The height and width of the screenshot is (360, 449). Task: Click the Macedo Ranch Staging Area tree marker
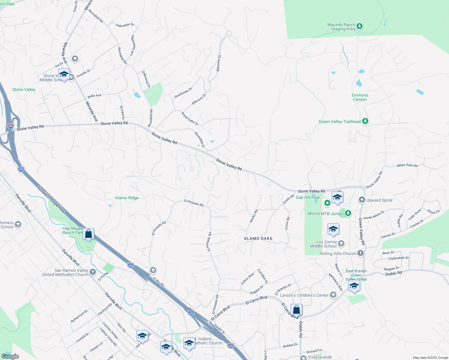click(x=360, y=26)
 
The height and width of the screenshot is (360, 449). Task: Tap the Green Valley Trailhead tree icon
click(x=365, y=121)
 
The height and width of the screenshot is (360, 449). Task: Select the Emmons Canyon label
click(x=360, y=97)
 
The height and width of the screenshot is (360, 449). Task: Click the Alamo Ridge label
click(x=127, y=198)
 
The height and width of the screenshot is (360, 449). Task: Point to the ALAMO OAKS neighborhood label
click(x=258, y=238)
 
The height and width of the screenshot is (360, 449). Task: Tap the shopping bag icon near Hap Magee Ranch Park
click(x=89, y=234)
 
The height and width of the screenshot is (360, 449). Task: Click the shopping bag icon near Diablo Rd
click(x=296, y=310)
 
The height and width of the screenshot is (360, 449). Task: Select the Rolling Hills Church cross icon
click(x=360, y=253)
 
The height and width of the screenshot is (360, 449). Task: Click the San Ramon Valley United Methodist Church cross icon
click(x=93, y=272)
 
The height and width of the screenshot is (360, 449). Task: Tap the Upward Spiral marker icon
click(x=362, y=200)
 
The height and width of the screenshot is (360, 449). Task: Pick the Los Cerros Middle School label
click(x=323, y=244)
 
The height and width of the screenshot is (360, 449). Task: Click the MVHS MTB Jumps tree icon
click(x=348, y=213)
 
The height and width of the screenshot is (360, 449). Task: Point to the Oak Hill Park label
click(x=308, y=197)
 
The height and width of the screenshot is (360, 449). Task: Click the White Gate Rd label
click(x=407, y=165)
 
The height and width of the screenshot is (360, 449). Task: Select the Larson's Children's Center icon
click(x=333, y=295)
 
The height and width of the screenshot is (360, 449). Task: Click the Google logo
click(x=10, y=356)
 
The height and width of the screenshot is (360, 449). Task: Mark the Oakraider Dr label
click(x=125, y=25)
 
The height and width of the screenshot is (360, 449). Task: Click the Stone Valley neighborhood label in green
click(x=24, y=89)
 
